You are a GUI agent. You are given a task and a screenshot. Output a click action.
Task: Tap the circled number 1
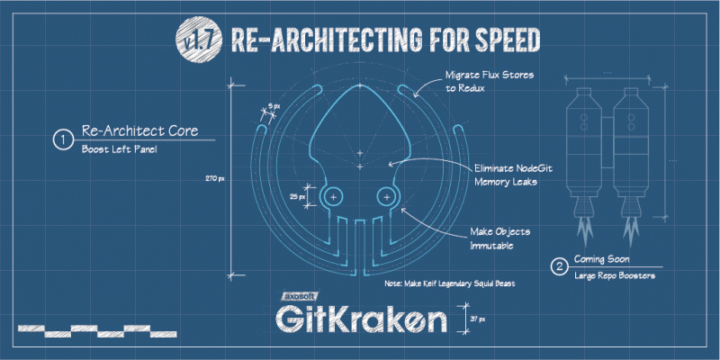click(x=61, y=140)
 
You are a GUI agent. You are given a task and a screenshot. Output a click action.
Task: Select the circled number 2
click(x=559, y=267)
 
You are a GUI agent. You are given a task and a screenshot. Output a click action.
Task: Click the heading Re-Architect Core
click(x=140, y=130)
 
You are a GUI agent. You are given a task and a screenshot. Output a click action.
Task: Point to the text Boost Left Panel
click(x=120, y=149)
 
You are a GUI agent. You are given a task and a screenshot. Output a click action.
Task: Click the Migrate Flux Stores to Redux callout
click(x=489, y=81)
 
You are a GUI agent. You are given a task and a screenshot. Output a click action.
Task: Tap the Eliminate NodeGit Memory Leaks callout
click(x=513, y=175)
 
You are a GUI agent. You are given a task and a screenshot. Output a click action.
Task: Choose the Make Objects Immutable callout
click(x=499, y=238)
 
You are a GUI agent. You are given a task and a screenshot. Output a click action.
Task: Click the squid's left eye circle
click(x=333, y=197)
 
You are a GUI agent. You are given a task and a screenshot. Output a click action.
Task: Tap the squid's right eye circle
click(x=387, y=197)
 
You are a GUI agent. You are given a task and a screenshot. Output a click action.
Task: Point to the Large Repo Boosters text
click(x=615, y=276)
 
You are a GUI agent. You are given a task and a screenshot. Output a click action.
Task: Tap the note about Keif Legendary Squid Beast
click(x=449, y=283)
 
